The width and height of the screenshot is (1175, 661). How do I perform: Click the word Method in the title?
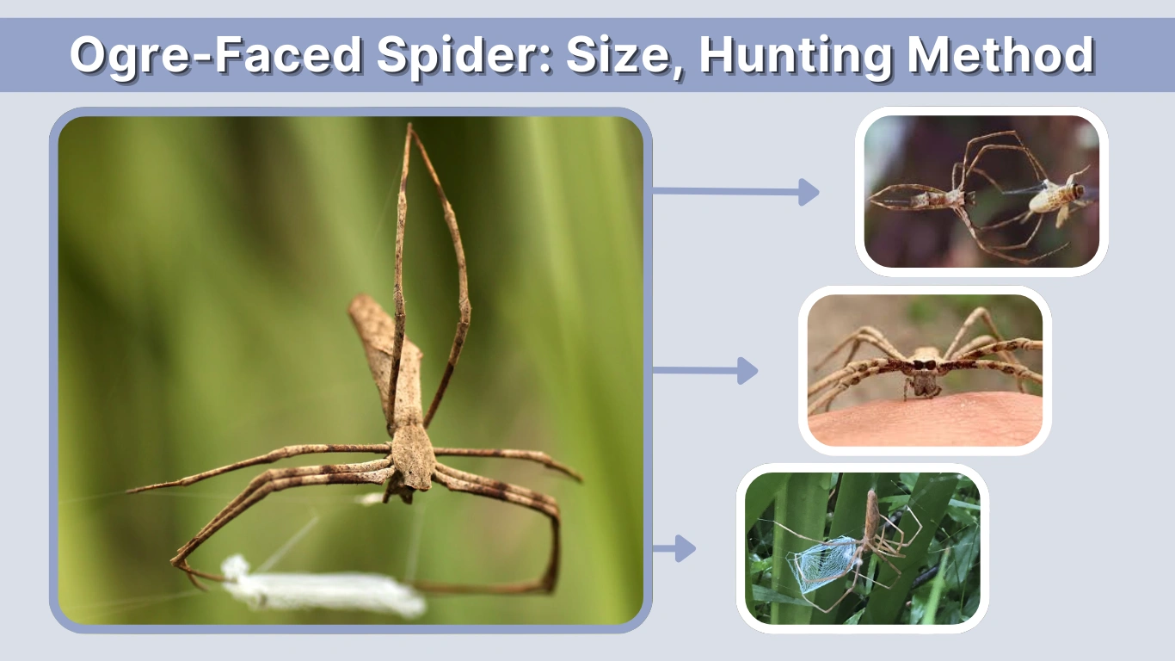1000,55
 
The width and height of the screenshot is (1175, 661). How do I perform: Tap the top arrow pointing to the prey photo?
735,192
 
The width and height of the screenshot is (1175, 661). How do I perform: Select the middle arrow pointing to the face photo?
705,371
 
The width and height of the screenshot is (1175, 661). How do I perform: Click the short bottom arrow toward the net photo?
674,548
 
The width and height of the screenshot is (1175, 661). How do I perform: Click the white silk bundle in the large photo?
323,590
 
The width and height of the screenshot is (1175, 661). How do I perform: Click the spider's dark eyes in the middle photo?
924,365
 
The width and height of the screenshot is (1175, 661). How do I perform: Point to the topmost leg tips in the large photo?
410,129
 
